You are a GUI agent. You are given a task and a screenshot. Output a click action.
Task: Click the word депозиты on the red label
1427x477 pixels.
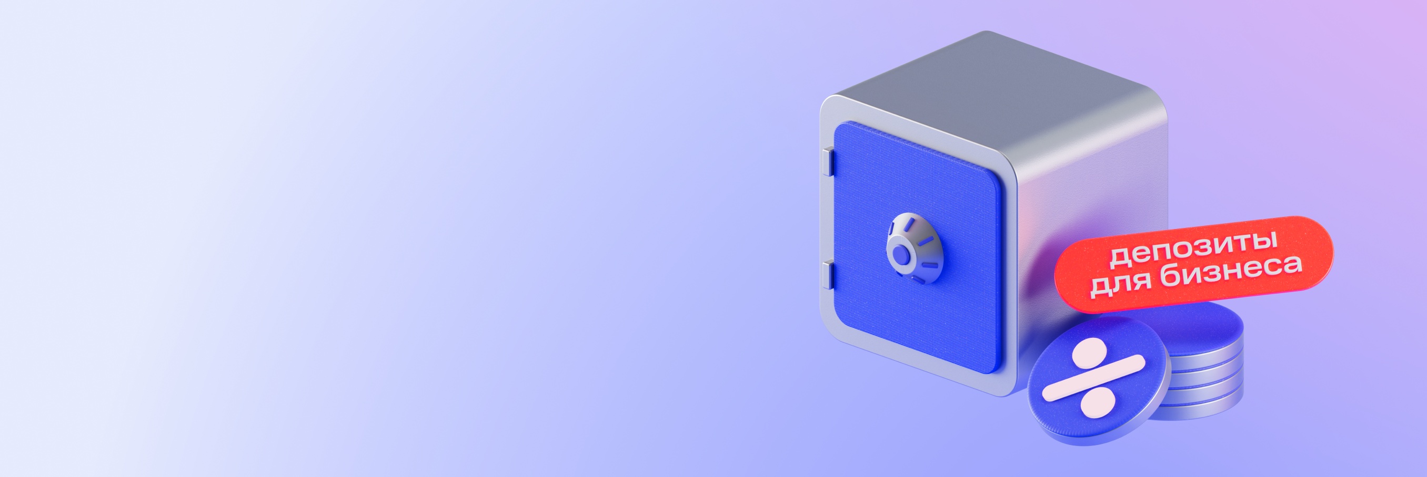click(x=1194, y=247)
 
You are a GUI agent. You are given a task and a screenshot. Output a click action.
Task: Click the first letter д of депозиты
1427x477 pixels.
click(x=1121, y=257)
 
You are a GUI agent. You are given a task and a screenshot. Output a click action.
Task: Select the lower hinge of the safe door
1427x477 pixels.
click(x=828, y=275)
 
